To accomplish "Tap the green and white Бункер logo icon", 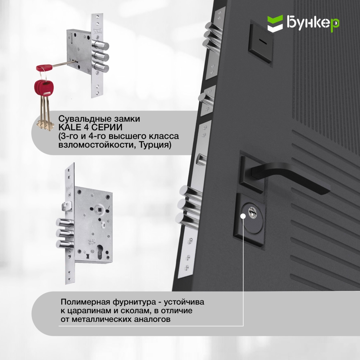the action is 275,23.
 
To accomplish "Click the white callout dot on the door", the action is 243,216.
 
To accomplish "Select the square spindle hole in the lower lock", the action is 100,209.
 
